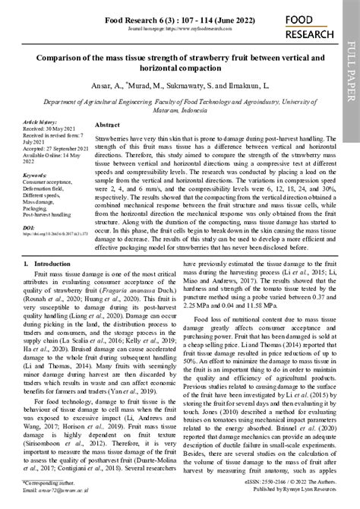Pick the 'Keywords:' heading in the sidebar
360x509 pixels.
coord(35,175)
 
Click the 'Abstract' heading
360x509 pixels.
coord(108,125)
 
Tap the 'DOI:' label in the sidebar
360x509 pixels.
coord(29,226)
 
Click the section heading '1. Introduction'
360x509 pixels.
coord(47,263)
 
